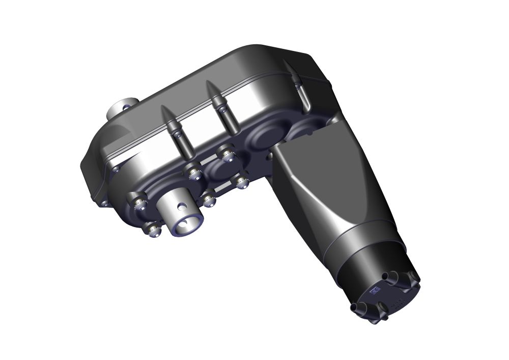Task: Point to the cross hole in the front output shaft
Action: pyautogui.click(x=181, y=207)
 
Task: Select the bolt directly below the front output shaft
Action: pyautogui.click(x=152, y=230)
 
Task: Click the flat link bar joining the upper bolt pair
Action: pyautogui.click(x=209, y=163)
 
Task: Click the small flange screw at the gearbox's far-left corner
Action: pyautogui.click(x=105, y=203)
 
